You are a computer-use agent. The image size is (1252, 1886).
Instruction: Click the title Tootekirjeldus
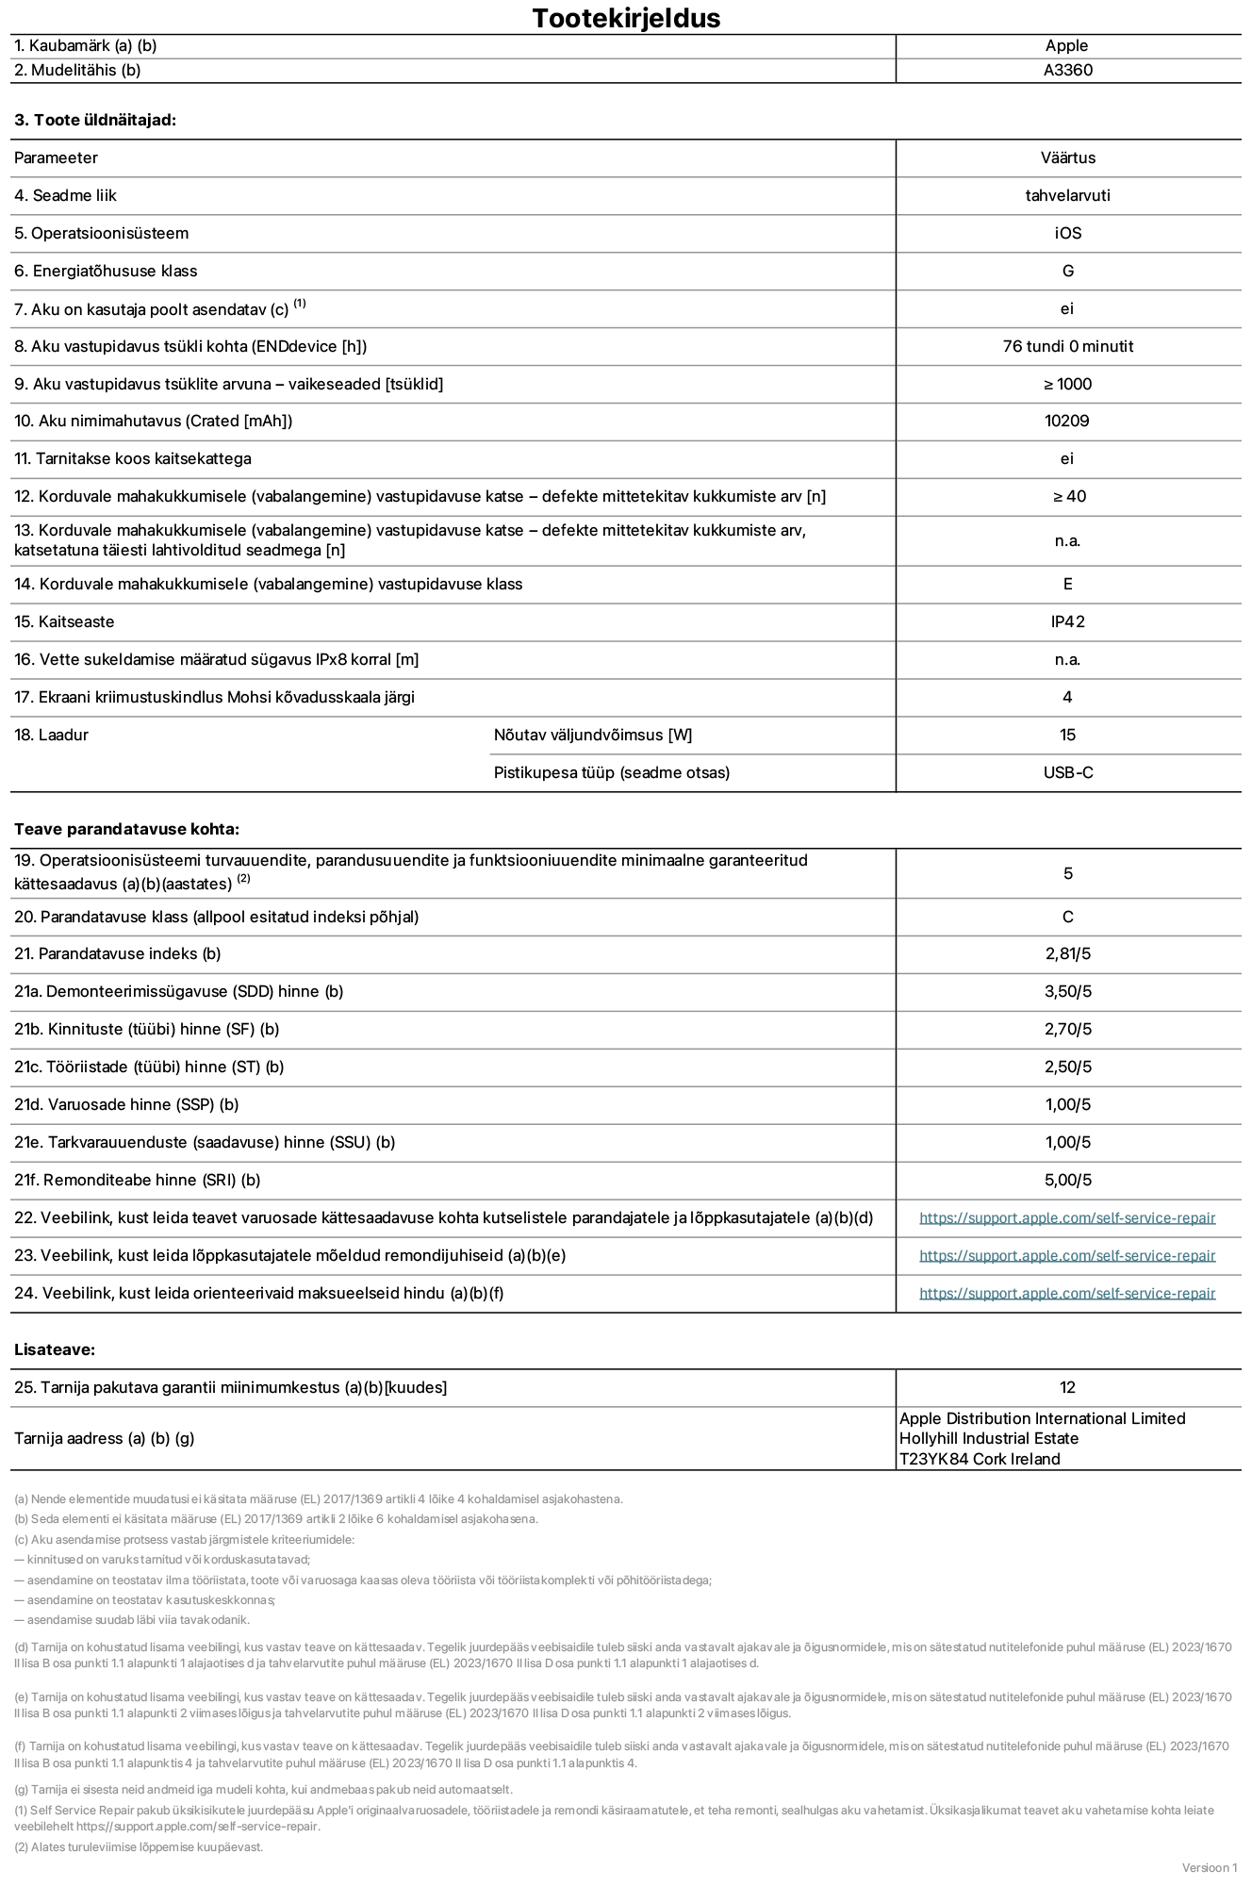click(626, 18)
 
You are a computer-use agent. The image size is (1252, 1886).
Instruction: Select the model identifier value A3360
click(1067, 70)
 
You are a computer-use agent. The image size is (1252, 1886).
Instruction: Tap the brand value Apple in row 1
click(1066, 45)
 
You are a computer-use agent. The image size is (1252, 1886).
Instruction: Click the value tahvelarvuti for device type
click(1067, 195)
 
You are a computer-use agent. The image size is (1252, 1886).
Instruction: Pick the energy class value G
click(1067, 271)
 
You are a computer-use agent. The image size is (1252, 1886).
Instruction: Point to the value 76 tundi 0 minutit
click(1067, 346)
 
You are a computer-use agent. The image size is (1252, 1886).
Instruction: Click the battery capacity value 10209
click(1066, 421)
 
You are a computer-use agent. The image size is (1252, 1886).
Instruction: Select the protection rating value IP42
click(1067, 621)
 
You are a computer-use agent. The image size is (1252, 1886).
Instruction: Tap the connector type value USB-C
click(1067, 772)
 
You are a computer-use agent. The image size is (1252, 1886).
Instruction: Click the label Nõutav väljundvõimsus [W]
click(592, 735)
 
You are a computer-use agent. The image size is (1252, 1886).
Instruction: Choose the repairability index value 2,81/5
click(1067, 953)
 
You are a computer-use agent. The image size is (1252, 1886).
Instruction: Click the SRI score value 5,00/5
click(1067, 1180)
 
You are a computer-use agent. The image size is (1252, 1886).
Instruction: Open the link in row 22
click(1066, 1217)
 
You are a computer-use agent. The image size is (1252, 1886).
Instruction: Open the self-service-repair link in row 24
click(1066, 1293)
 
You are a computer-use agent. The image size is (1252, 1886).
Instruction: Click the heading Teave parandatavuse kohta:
click(126, 829)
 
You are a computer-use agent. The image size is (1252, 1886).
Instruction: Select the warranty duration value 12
click(1067, 1387)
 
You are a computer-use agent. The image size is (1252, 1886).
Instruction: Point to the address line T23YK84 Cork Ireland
click(979, 1459)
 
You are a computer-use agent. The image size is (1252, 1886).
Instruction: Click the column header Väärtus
click(1067, 157)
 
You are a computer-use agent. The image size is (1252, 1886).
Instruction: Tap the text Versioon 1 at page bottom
click(1209, 1867)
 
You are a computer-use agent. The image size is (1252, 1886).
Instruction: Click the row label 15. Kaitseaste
click(64, 621)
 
